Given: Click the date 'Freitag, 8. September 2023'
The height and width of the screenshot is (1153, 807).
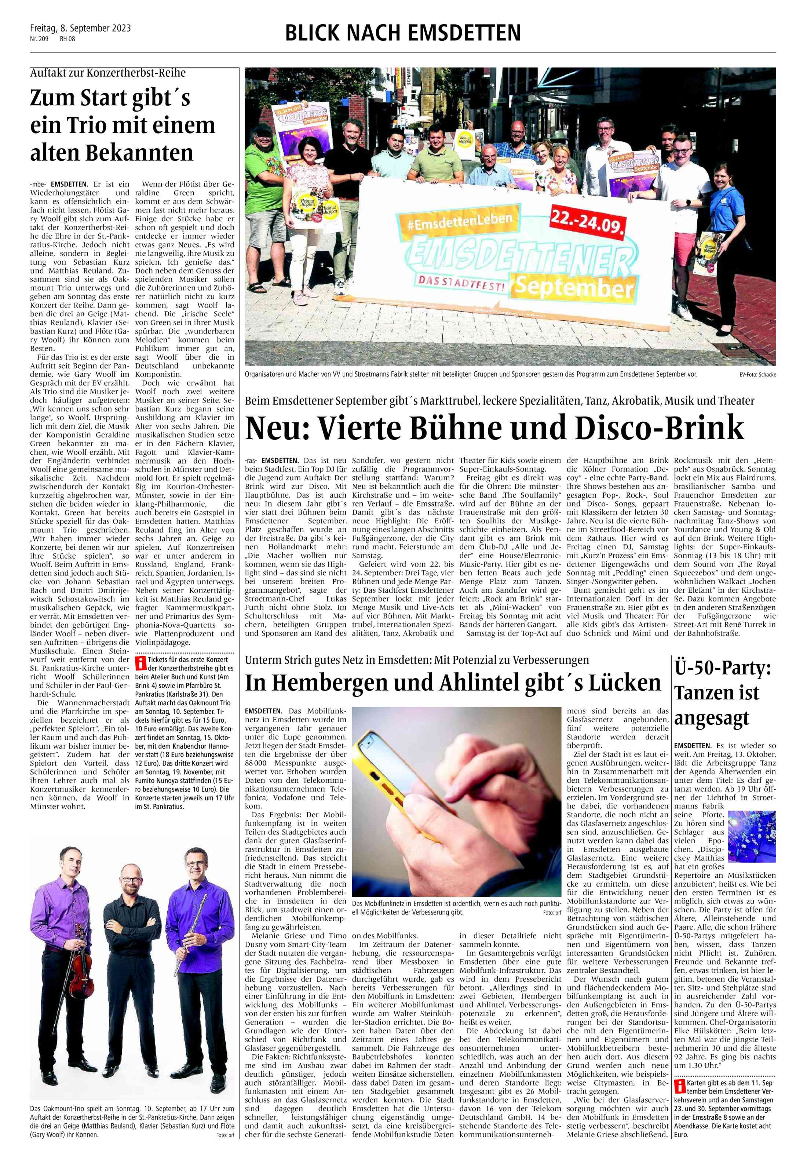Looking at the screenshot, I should point(80,28).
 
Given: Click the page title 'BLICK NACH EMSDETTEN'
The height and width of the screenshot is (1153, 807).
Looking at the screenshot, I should point(403,33).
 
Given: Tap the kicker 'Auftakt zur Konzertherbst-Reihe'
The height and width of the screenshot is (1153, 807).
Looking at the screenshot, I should point(108,73).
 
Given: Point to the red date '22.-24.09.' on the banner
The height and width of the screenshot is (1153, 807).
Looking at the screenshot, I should point(588,221).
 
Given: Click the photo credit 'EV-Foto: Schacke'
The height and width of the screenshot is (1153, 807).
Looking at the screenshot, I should point(757,375).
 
